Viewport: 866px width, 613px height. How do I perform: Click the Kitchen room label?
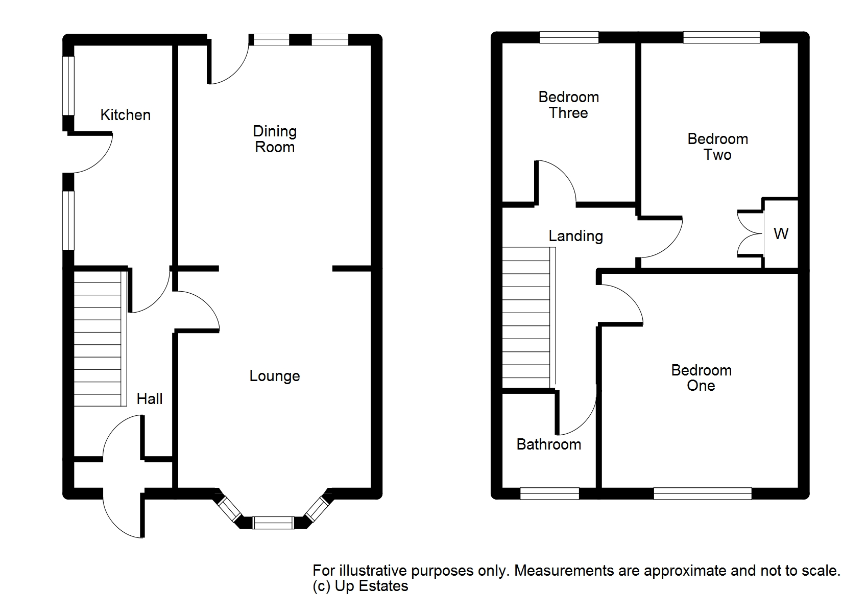point(125,115)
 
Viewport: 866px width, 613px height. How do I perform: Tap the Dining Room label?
point(275,139)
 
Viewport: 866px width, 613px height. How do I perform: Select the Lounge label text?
point(275,376)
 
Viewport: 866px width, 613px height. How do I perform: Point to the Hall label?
point(150,399)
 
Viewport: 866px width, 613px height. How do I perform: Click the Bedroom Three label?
point(568,105)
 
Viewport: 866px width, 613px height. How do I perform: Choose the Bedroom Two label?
point(717,147)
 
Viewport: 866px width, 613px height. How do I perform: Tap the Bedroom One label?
point(701,378)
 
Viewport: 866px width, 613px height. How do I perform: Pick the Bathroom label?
point(549,444)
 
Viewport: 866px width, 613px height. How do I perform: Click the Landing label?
point(575,236)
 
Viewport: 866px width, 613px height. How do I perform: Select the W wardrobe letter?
point(781,234)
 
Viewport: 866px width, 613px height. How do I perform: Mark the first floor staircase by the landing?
point(528,317)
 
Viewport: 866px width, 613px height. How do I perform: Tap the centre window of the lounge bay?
point(273,523)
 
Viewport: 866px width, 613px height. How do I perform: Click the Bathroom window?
point(549,493)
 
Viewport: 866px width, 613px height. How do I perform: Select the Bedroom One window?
point(703,493)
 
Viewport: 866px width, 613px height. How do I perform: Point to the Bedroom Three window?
point(569,37)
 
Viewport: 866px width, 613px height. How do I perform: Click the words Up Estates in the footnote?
point(372,586)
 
